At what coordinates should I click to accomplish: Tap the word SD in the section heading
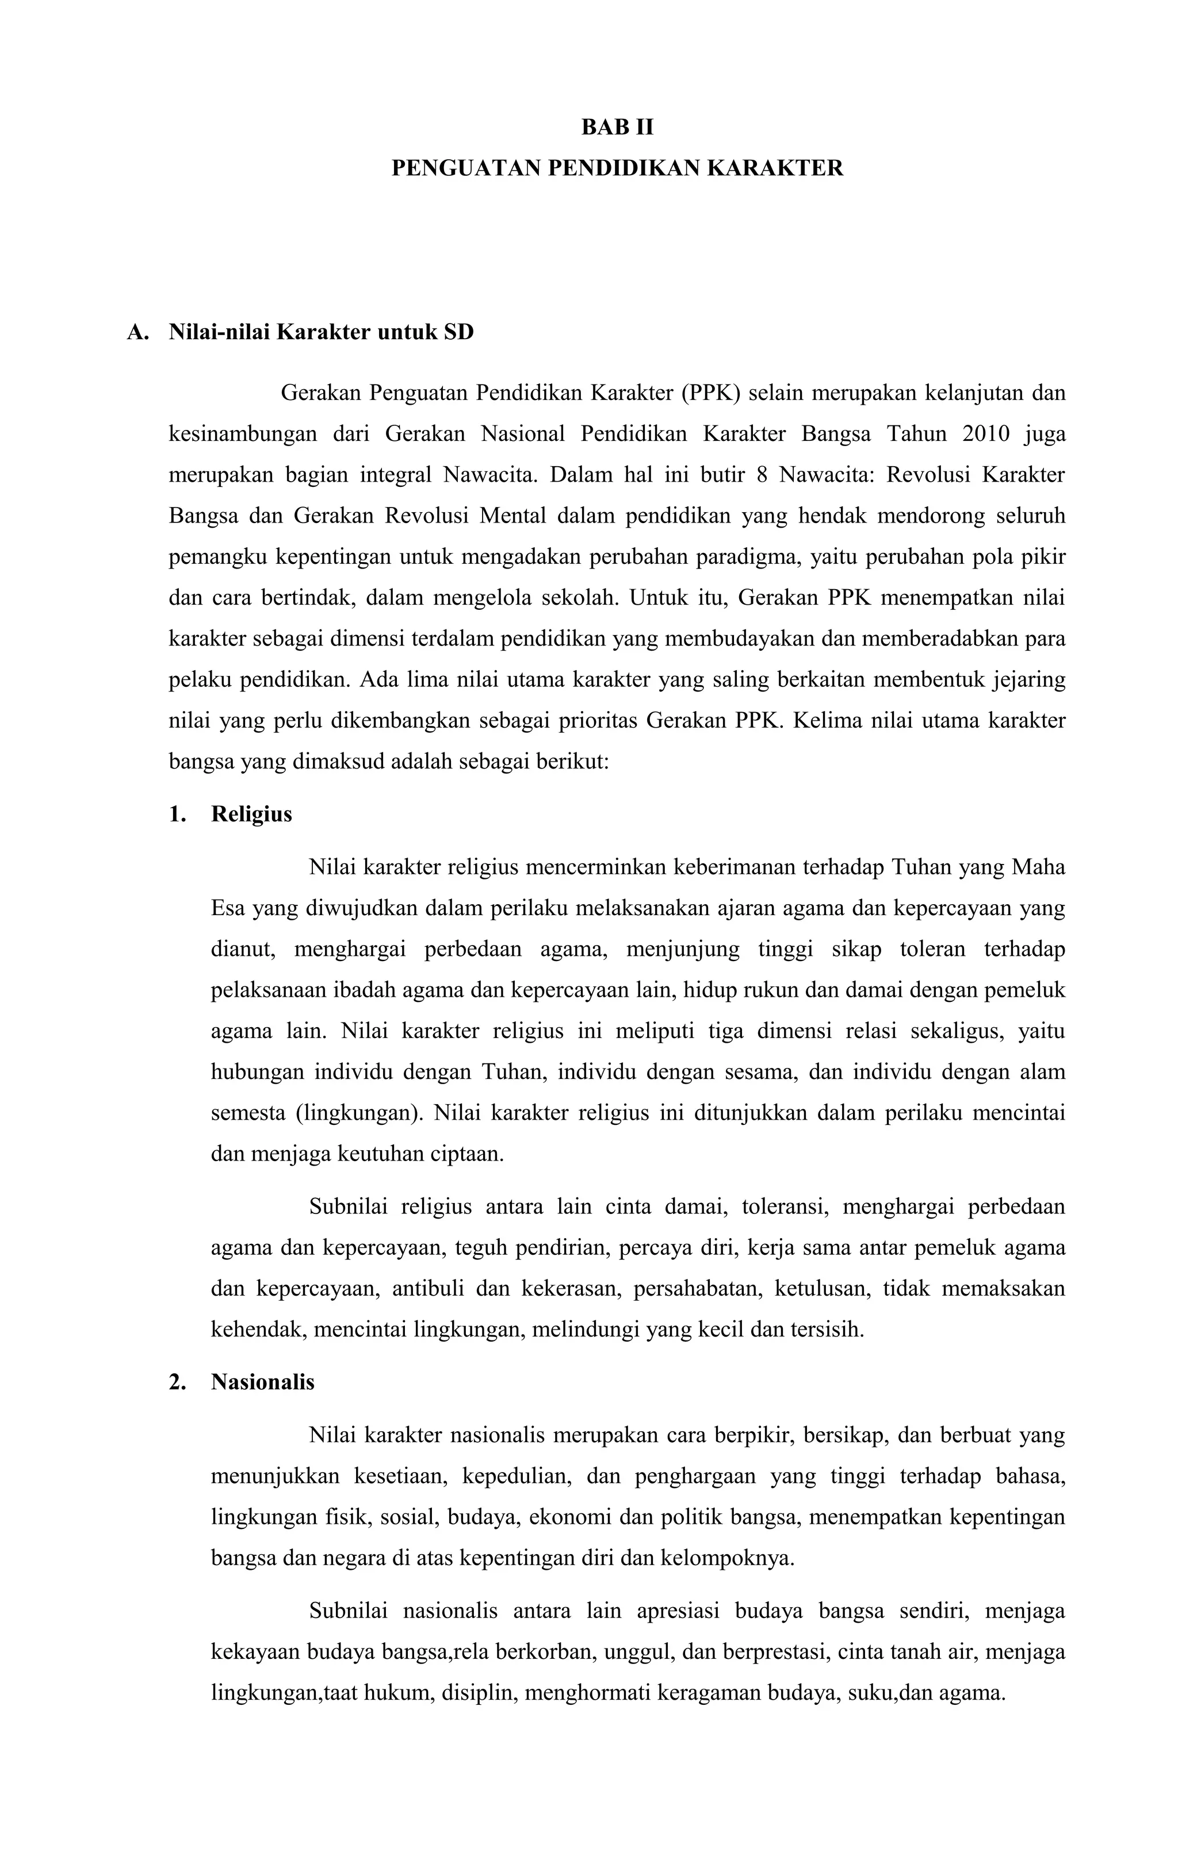pyautogui.click(x=458, y=332)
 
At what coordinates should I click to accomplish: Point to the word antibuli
pyautogui.click(x=427, y=1288)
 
